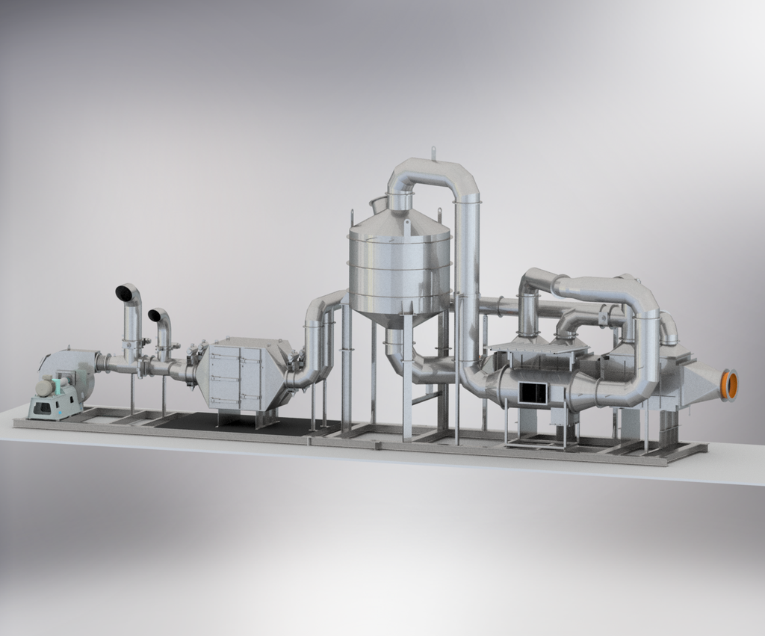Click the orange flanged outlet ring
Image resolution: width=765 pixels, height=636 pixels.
pos(731,385)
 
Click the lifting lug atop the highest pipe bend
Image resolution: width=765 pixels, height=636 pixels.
pos(432,153)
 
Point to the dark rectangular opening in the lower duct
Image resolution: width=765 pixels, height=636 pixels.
pos(533,392)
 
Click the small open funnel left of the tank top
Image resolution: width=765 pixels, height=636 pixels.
pos(378,203)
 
